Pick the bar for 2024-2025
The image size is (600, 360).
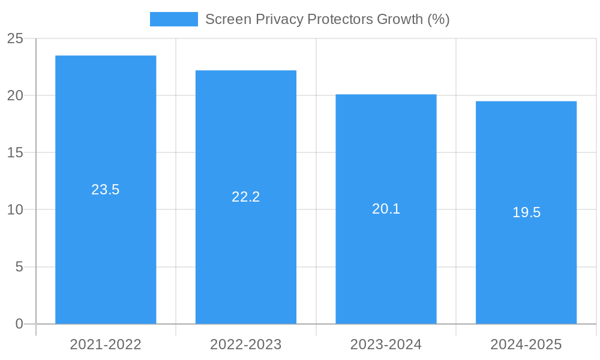coord(526,270)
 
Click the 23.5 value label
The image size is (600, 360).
coord(106,190)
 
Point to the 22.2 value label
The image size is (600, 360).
coord(246,197)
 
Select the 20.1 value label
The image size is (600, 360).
coord(386,209)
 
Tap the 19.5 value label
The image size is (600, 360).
coord(526,212)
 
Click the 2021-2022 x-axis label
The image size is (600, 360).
coord(106,344)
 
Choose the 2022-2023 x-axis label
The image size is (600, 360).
coord(246,344)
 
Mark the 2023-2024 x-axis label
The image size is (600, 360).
coord(386,344)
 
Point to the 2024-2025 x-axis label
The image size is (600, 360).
coord(526,344)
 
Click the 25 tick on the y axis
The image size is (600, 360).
coord(15,39)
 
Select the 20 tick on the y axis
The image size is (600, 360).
coord(15,96)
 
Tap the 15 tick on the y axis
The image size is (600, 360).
coord(15,153)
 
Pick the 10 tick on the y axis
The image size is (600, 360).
coord(15,210)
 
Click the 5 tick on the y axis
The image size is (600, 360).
coord(19,267)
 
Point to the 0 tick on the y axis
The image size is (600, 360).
coord(19,324)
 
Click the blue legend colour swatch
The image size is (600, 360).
coord(173,19)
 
